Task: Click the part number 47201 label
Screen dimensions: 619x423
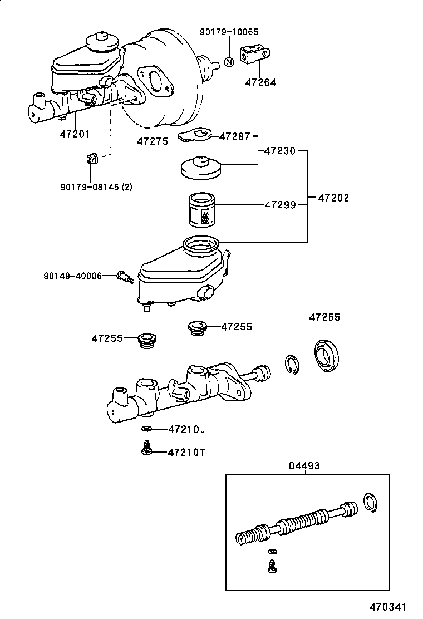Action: pos(75,134)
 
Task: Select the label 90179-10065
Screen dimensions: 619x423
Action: pos(229,32)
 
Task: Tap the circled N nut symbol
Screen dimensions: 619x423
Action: pos(229,62)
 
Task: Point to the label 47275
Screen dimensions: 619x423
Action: pos(153,141)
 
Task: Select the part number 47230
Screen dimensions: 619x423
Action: pos(279,151)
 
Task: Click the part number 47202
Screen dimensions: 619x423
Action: pos(333,198)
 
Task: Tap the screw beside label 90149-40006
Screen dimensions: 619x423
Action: pos(124,276)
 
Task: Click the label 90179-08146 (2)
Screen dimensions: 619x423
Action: pos(96,187)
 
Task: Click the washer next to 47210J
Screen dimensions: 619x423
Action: pos(146,429)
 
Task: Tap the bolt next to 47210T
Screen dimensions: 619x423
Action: pos(146,448)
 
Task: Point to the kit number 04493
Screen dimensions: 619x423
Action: pos(304,465)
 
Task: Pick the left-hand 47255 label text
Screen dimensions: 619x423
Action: pos(107,337)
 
